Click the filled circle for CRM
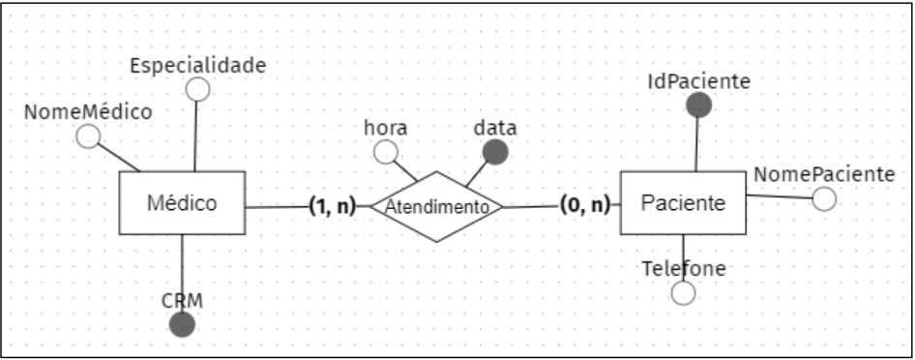[182, 324]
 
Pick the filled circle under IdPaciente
[698, 105]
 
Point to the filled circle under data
[495, 152]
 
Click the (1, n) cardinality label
[333, 205]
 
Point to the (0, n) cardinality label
[585, 205]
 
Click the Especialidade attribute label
[198, 66]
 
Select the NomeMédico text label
[88, 111]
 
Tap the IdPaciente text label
[699, 81]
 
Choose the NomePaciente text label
[824, 174]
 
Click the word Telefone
[684, 268]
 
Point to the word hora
[386, 128]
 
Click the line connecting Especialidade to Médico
[195, 135]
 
